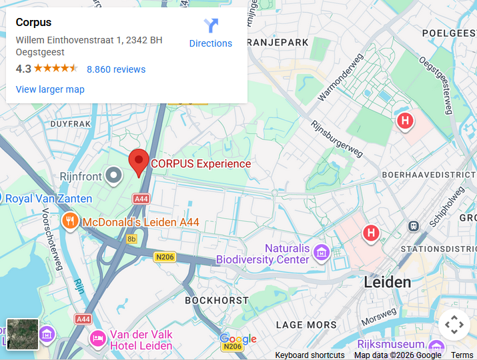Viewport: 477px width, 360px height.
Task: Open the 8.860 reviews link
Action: [116, 69]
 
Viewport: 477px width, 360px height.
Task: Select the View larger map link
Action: [50, 89]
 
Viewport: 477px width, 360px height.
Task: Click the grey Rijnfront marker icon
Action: [115, 175]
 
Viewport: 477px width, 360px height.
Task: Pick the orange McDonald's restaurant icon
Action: [69, 221]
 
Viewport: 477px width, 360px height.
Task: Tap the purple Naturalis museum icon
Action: [322, 253]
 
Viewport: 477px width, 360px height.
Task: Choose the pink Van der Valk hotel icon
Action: [97, 339]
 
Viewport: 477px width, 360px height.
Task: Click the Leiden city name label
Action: [387, 282]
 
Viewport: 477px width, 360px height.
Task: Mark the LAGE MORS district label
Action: [306, 325]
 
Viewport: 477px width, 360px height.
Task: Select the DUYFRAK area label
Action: [70, 124]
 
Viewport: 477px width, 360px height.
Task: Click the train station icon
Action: [414, 226]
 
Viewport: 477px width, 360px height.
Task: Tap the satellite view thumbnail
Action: [23, 334]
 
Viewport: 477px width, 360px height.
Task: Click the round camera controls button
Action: [454, 325]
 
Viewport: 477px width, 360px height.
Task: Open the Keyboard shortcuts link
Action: [310, 355]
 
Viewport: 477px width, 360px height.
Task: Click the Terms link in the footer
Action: [462, 355]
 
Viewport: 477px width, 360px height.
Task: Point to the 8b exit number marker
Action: [131, 239]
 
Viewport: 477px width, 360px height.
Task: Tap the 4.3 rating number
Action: [23, 69]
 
